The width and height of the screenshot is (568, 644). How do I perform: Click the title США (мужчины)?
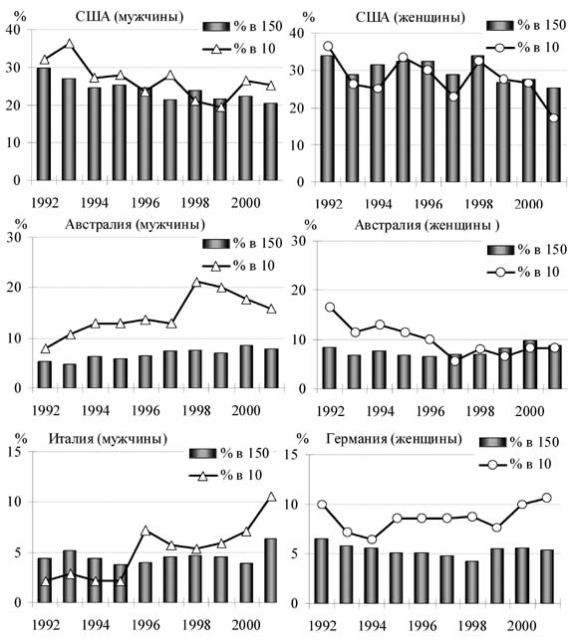[130, 17]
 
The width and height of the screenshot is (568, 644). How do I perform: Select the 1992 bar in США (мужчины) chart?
[44, 124]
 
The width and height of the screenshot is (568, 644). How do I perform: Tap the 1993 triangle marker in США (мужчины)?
[69, 44]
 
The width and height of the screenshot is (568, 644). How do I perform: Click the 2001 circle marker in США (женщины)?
[554, 117]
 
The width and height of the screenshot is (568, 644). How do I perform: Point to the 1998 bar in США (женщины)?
[478, 118]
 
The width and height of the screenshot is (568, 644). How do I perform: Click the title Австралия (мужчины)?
[135, 225]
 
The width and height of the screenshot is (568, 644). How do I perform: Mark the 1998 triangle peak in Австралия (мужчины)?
[196, 282]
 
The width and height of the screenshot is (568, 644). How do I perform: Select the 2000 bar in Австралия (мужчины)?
[246, 366]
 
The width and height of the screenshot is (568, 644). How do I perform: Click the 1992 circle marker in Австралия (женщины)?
[330, 308]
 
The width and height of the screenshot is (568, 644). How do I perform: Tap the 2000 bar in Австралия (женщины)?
[530, 364]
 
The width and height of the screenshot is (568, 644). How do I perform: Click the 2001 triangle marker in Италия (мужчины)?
[271, 497]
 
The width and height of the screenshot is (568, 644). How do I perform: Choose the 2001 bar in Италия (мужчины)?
[270, 570]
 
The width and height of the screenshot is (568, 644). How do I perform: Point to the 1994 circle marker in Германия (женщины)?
[372, 539]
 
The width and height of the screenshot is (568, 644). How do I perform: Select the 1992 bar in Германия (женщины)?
[322, 571]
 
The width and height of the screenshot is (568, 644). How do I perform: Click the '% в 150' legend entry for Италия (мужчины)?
[229, 453]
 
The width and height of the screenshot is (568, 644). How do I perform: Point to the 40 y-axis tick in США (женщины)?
[297, 33]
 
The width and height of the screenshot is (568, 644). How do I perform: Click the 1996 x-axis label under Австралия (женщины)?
[430, 411]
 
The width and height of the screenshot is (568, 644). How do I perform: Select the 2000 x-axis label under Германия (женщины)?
[521, 626]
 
